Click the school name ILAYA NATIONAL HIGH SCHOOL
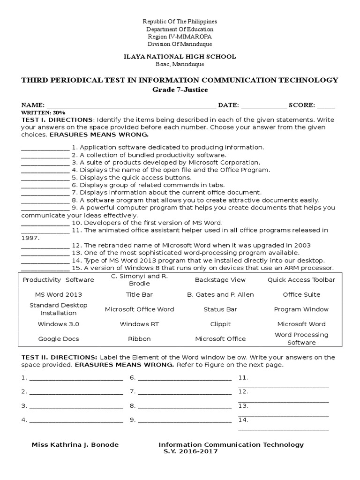coord(180,57)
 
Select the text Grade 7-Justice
coord(180,90)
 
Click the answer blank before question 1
coord(45,148)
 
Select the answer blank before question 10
coord(45,223)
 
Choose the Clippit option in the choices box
coord(220,324)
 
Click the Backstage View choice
coord(220,280)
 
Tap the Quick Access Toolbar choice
coord(301,280)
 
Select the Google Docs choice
coord(58,339)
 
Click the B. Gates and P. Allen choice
coord(220,294)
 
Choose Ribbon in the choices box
coord(139,339)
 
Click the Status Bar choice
coord(220,309)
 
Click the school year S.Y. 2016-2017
coord(190,452)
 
